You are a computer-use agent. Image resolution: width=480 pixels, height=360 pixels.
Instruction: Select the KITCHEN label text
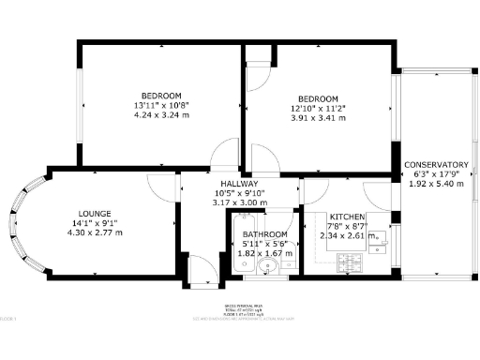pos(346,215)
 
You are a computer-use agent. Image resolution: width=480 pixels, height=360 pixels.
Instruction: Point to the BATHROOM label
pos(263,234)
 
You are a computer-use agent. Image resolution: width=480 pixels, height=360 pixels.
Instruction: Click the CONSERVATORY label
pos(437,165)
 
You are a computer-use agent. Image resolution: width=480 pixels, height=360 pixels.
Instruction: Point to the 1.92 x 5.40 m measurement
pos(437,184)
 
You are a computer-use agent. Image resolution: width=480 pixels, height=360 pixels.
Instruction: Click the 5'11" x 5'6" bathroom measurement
pos(263,244)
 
